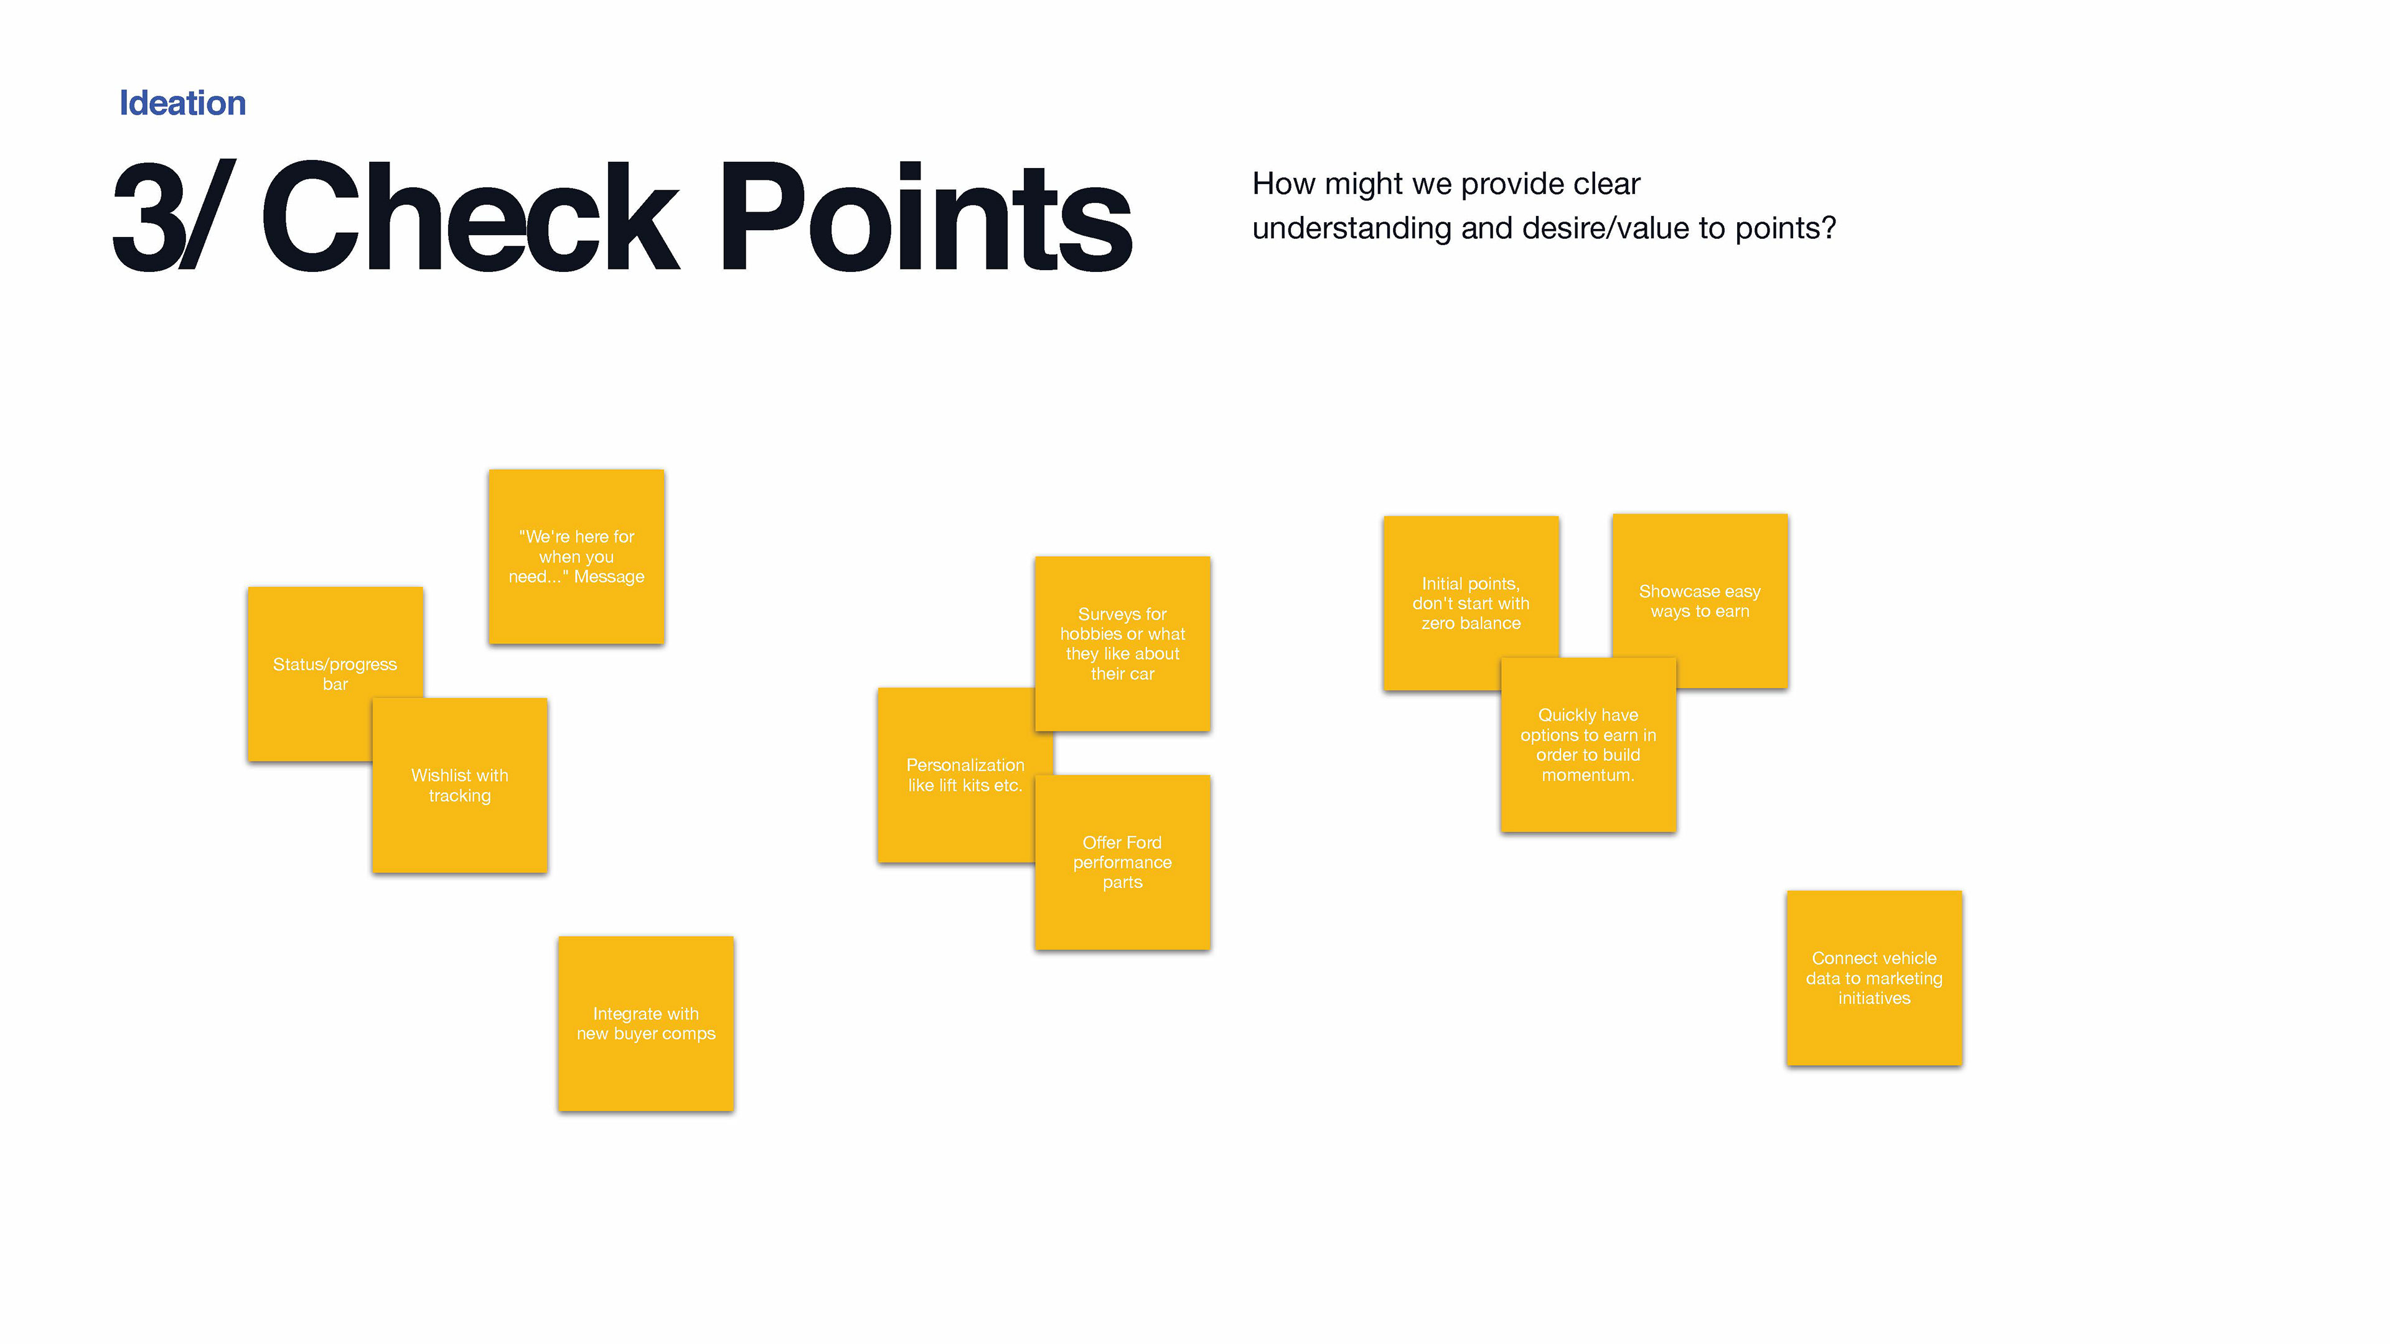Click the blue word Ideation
[x=183, y=103]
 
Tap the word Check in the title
[x=471, y=217]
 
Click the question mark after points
[x=1829, y=228]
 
